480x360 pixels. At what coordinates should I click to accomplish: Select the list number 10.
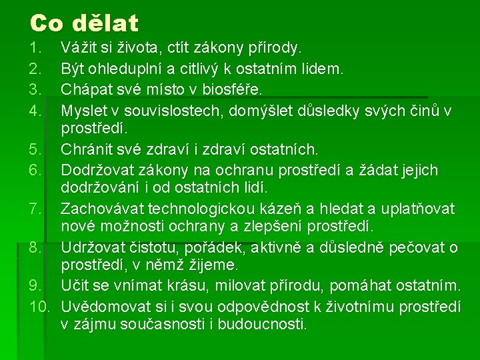[39, 307]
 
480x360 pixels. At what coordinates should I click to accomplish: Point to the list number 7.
[36, 209]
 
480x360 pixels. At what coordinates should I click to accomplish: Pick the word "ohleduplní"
[127, 69]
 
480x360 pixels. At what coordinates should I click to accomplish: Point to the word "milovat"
[247, 287]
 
